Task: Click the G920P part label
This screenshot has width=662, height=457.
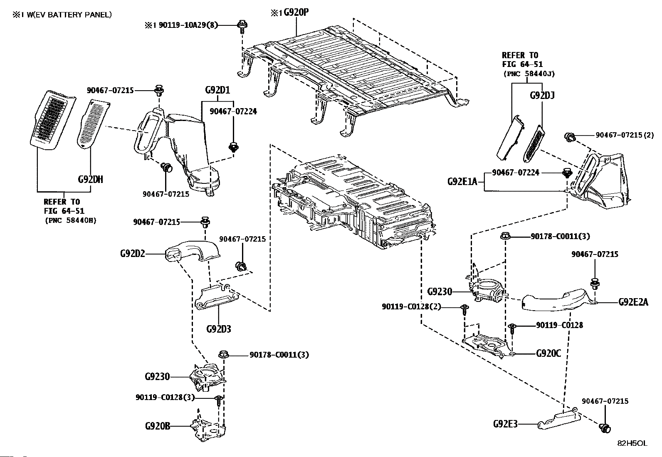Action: [x=296, y=12]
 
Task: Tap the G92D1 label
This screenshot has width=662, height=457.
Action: [x=217, y=90]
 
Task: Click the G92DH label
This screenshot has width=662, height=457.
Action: [x=90, y=180]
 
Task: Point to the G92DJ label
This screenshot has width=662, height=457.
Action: [x=542, y=96]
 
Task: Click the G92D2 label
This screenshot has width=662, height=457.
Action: [x=133, y=253]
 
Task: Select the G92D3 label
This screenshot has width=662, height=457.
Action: [x=218, y=329]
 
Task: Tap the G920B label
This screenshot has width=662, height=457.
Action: [x=158, y=426]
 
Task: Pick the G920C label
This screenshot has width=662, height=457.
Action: [x=548, y=353]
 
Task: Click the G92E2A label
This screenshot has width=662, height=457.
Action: [x=633, y=302]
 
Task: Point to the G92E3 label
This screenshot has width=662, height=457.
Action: [x=506, y=424]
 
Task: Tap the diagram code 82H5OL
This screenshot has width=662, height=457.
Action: [x=632, y=443]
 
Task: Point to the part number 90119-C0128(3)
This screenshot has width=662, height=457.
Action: [x=165, y=398]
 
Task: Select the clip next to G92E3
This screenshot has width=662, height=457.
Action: [x=604, y=427]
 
